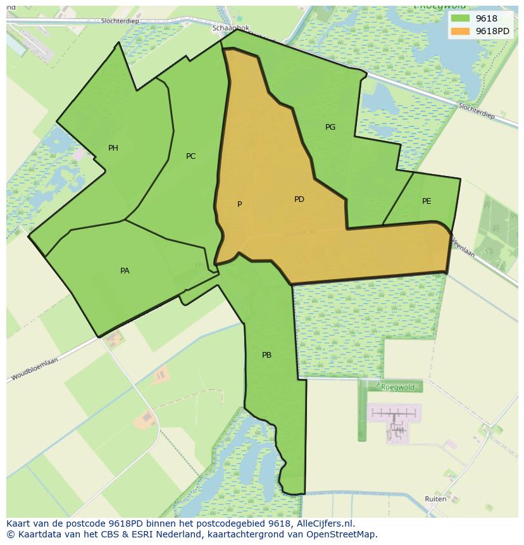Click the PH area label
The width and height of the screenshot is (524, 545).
113,148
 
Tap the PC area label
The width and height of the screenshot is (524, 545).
190,156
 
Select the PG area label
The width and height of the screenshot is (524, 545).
330,127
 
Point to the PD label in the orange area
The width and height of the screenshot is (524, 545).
299,199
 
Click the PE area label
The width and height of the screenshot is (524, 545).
427,201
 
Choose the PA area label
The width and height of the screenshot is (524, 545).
125,271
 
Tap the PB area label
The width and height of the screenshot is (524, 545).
266,355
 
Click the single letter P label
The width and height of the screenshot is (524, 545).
239,204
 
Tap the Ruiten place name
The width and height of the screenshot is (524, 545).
435,499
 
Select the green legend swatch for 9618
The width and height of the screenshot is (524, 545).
460,18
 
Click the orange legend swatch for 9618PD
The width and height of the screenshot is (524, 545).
460,31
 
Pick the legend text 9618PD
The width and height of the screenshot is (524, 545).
493,31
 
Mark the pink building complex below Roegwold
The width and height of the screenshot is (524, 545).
394,421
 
